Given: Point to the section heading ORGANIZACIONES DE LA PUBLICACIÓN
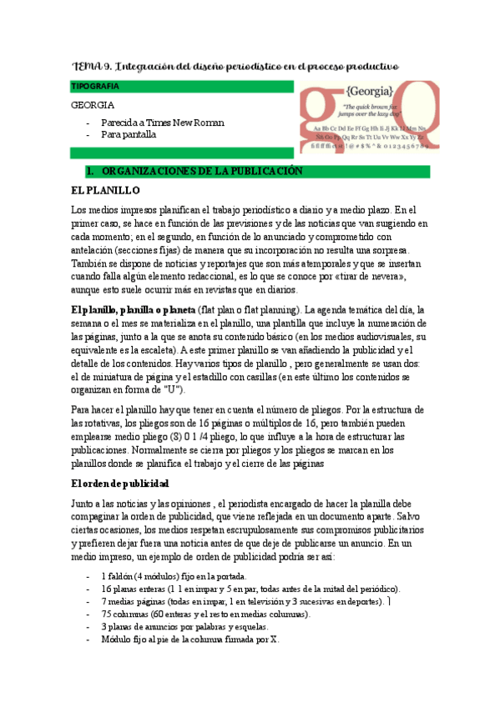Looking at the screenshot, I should pos(200,171).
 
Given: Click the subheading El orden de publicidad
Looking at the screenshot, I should pos(120,483).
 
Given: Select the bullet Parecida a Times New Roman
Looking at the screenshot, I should pos(162,122).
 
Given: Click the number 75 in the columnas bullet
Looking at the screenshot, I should pos(106,614).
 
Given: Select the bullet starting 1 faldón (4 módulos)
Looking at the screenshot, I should pos(173,576).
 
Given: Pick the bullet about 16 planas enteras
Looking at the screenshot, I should pos(250,589).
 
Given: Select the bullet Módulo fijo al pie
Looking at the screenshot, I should pos(189,639).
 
